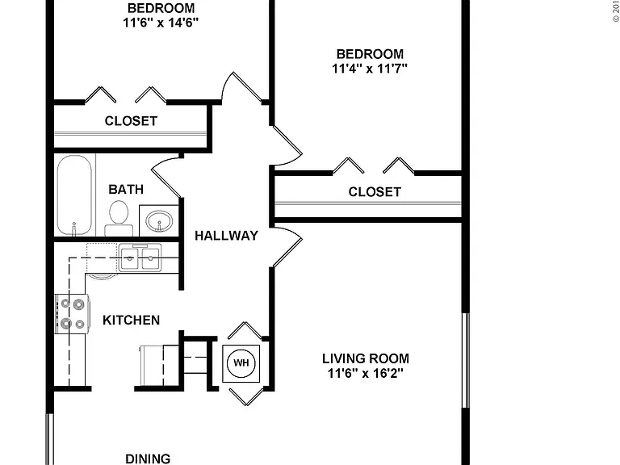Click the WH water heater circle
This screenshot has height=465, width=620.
coord(241,363)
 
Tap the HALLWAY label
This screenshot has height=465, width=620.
coord(227,236)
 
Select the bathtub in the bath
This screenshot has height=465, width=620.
coord(74,195)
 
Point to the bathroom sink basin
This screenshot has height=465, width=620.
coord(159,221)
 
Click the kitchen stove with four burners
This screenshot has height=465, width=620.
coord(72,314)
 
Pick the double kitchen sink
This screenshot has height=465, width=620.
coord(140,258)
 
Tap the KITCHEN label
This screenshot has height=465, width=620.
coord(132,320)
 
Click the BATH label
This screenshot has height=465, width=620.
coord(126,190)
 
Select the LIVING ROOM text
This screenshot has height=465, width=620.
coord(366,358)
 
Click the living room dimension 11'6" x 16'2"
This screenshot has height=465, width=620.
coord(366,373)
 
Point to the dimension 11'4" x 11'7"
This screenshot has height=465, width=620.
coord(370,69)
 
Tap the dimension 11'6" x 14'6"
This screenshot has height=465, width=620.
coord(161,23)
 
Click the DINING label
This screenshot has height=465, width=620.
coord(148,459)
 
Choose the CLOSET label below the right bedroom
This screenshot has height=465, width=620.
coord(375,192)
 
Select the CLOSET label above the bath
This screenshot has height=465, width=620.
coord(131,121)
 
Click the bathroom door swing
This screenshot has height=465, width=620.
coord(166,178)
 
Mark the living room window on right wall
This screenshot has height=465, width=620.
coord(466,360)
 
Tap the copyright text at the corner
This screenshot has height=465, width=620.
coord(616,11)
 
